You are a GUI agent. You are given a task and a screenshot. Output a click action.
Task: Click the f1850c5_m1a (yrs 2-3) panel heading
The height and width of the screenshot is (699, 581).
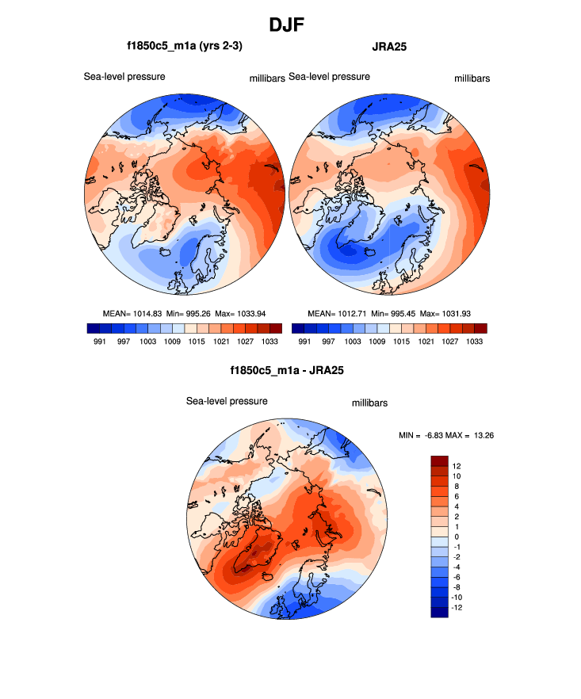(x=184, y=47)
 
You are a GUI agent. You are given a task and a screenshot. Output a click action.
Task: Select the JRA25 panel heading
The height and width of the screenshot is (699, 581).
(x=389, y=47)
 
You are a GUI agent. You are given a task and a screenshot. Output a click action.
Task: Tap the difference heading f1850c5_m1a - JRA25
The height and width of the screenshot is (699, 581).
(x=286, y=370)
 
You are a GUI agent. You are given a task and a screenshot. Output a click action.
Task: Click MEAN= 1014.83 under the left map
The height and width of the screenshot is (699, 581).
(x=132, y=313)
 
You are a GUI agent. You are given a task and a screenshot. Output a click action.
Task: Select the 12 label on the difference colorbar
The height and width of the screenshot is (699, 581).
(x=457, y=466)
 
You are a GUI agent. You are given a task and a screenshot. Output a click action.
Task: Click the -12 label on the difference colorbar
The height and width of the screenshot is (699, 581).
(x=458, y=607)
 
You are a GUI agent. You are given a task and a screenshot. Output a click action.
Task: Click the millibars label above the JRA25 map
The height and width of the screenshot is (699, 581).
(x=472, y=78)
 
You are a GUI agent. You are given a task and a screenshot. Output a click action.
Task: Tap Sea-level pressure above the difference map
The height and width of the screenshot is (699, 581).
(x=227, y=401)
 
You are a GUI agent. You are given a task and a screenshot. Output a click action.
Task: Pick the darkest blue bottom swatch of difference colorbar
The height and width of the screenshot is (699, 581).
(x=440, y=612)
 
